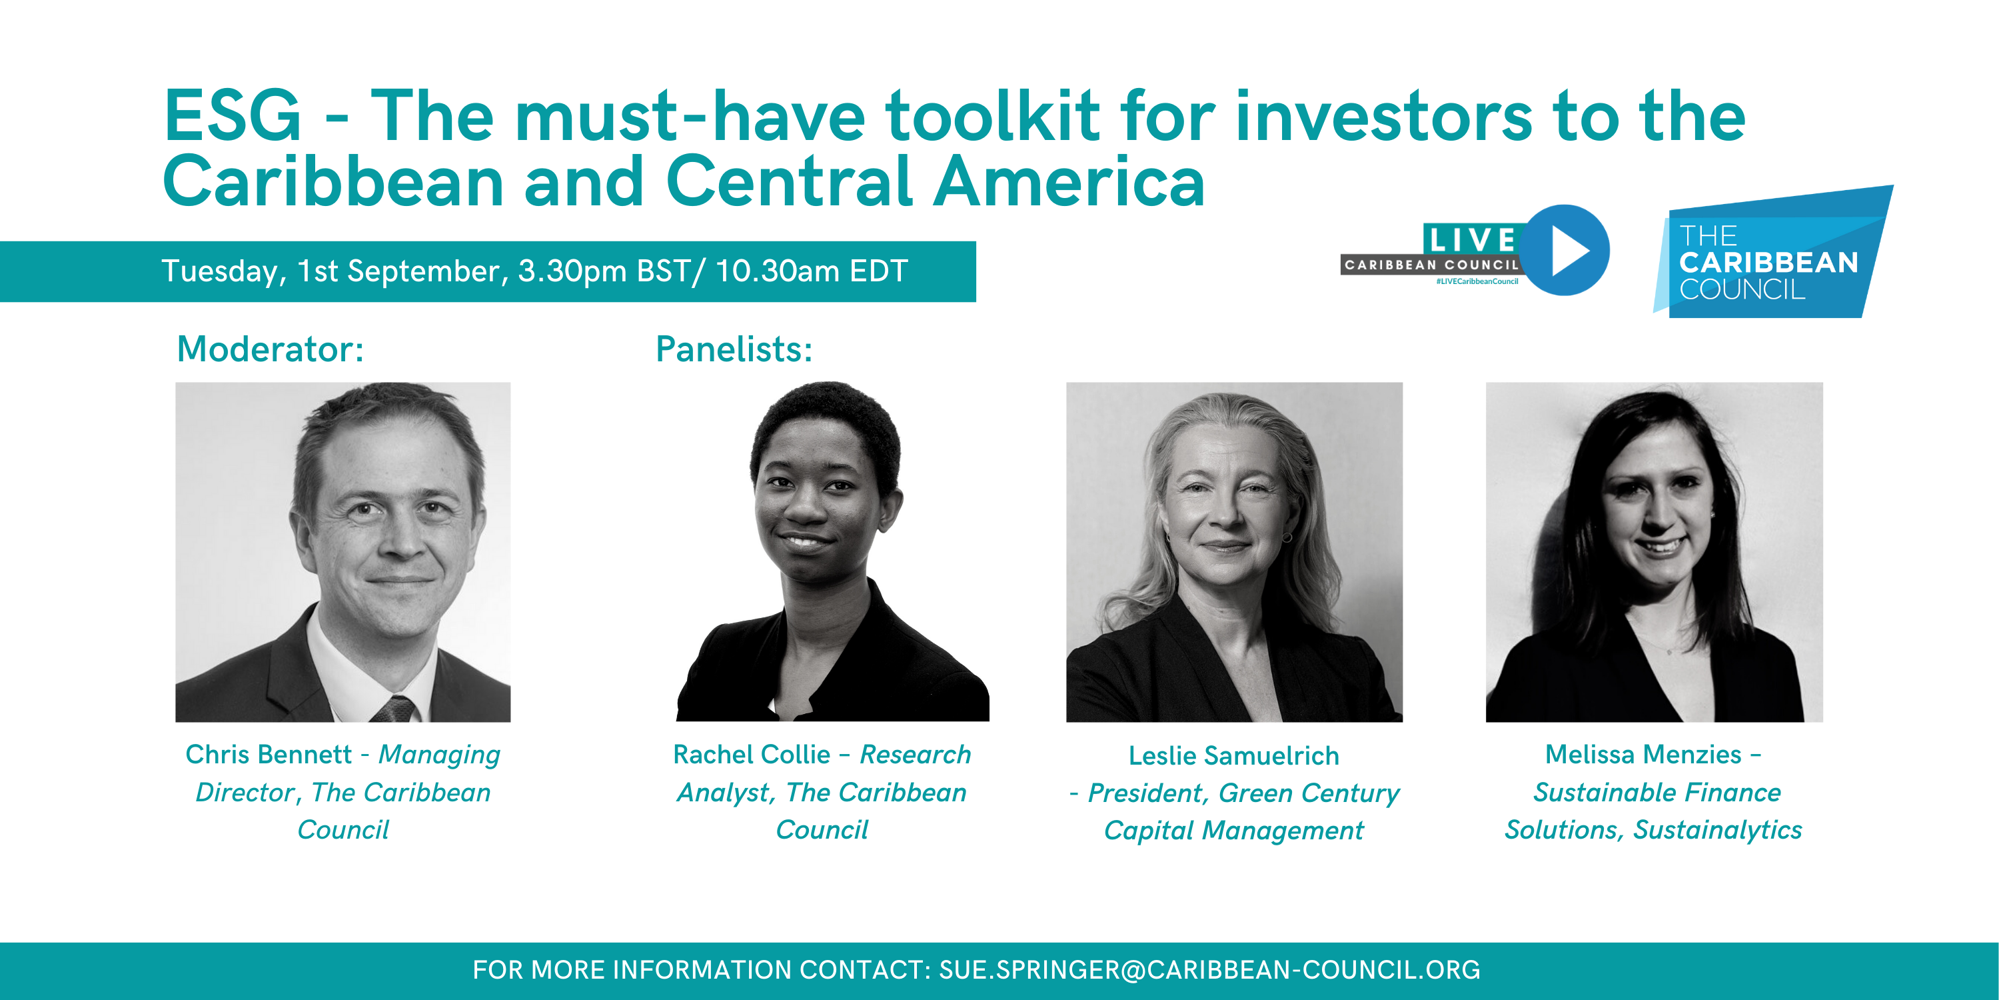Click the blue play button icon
[1565, 249]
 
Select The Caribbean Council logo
[1772, 252]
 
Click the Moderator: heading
[270, 349]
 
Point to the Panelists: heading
[734, 349]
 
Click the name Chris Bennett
[269, 754]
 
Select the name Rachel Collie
[752, 754]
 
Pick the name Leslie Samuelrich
[1234, 755]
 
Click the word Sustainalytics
[1717, 830]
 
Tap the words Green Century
[1309, 793]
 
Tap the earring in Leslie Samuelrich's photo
[1287, 537]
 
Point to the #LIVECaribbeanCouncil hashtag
[1477, 281]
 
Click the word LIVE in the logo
[1471, 239]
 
